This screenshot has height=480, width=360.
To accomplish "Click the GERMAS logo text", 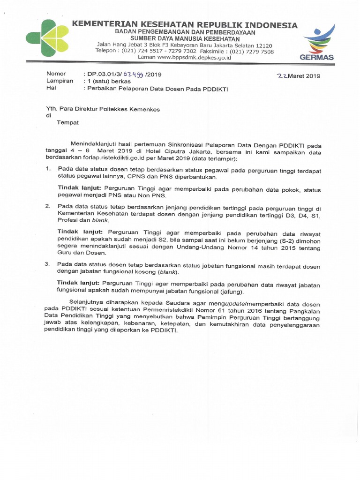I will pyautogui.click(x=317, y=57).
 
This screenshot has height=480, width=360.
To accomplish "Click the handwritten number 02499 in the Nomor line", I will pyautogui.click(x=133, y=74).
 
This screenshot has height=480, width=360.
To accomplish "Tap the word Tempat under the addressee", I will pyautogui.click(x=67, y=123).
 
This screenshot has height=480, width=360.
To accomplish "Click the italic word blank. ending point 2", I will pyautogui.click(x=101, y=220).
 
